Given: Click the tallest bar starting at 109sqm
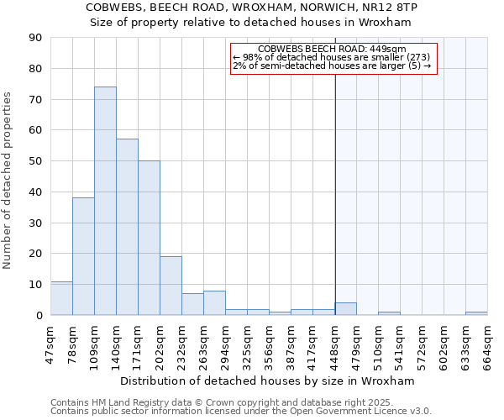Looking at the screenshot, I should [x=105, y=201].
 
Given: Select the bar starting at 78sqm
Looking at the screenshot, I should [x=83, y=256].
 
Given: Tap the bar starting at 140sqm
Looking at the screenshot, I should [x=127, y=227].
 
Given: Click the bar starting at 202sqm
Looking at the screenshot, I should [x=171, y=286].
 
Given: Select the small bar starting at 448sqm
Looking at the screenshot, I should [x=345, y=309].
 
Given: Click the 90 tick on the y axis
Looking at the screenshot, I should [x=35, y=38].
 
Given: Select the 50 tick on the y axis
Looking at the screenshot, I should [x=35, y=161].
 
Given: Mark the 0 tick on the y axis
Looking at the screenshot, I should [x=39, y=315].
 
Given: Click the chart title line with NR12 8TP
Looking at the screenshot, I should [x=252, y=7].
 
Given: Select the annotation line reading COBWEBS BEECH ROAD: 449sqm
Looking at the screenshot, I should [x=333, y=49].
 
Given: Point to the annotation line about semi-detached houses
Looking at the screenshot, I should [x=332, y=66].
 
